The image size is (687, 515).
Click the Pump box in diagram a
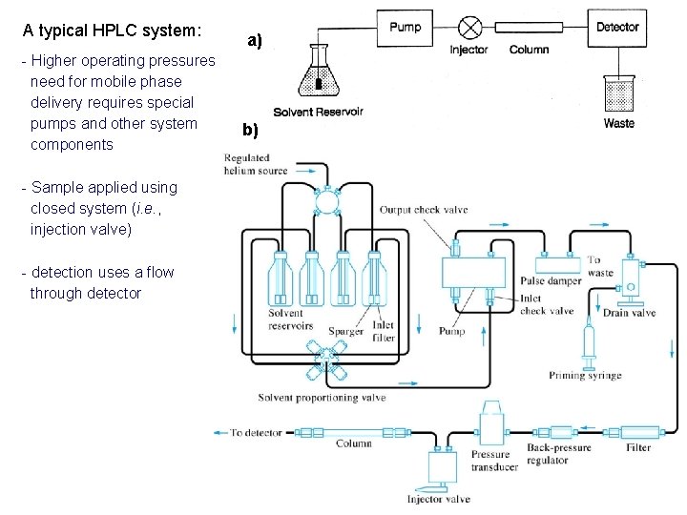[x=405, y=28]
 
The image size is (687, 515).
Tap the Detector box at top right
[x=617, y=28]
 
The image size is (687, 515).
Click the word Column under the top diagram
[x=529, y=50]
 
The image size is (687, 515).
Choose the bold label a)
[x=254, y=40]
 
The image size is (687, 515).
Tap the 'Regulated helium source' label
[x=256, y=164]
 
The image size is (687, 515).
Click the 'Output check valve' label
[x=423, y=210]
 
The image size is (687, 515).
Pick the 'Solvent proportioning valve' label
[x=322, y=398]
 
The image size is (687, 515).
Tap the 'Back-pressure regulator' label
[x=559, y=454]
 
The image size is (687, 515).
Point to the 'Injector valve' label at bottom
[x=438, y=499]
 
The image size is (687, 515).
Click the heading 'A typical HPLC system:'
[x=112, y=30]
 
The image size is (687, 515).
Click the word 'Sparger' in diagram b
[x=345, y=332]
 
